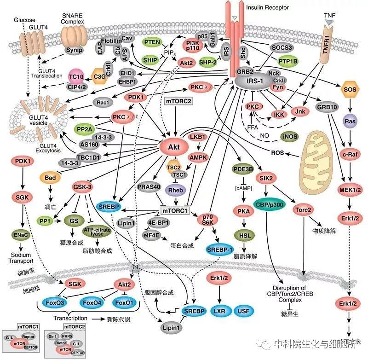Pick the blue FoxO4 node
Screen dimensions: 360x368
tap(91, 303)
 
